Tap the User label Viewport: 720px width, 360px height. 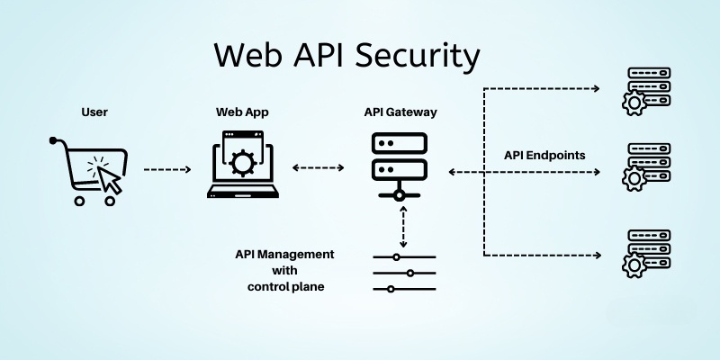coord(94,112)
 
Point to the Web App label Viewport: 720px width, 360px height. coord(242,112)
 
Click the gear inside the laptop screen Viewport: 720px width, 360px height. coord(241,162)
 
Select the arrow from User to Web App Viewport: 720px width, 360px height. coord(167,169)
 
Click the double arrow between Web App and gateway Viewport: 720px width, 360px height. coord(319,168)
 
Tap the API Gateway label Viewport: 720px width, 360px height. coord(401,112)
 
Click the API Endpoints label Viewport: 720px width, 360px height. coord(544,155)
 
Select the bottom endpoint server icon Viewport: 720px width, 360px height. coord(643,253)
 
